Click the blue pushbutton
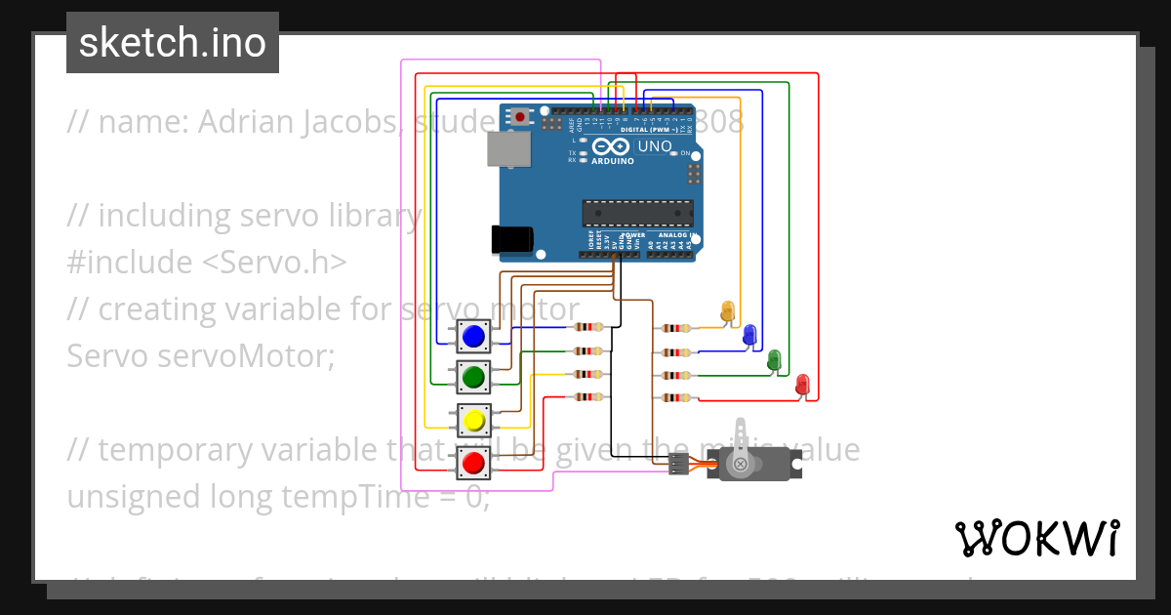(x=474, y=336)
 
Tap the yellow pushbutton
(x=474, y=421)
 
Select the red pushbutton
(x=474, y=462)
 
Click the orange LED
(x=727, y=311)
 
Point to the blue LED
(x=749, y=335)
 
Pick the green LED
(x=774, y=358)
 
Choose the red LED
(x=802, y=383)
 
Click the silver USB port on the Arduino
(x=509, y=148)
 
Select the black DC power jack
(x=511, y=238)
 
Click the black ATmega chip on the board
(x=638, y=213)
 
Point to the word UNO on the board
(x=655, y=146)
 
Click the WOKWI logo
(x=1036, y=538)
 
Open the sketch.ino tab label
(x=173, y=43)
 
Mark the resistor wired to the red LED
(x=675, y=397)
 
